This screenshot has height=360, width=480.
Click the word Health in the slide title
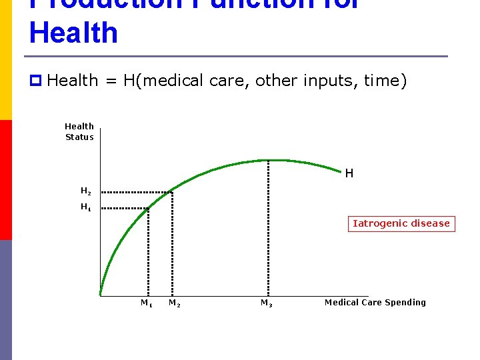[73, 33]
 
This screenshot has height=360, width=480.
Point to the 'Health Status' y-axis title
[79, 131]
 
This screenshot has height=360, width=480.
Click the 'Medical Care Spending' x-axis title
[375, 303]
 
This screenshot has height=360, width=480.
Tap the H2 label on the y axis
[85, 191]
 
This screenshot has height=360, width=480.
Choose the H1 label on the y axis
[85, 207]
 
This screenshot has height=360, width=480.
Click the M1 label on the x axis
[146, 303]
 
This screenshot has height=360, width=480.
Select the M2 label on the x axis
[174, 303]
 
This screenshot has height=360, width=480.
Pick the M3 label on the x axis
[266, 303]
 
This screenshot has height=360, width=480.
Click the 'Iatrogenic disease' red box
[401, 223]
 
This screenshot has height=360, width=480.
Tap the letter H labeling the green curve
[349, 173]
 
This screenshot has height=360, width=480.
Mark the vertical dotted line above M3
[268, 227]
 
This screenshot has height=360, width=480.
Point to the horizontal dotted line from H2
[137, 192]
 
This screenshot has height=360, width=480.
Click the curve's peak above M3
[268, 160]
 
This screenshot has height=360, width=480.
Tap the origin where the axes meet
[100, 295]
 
